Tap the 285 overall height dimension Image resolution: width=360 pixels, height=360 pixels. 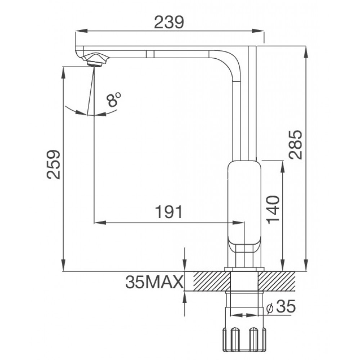tap(296, 145)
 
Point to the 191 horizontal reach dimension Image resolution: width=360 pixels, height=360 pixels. tap(169, 212)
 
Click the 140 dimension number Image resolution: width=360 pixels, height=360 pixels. tap(274, 210)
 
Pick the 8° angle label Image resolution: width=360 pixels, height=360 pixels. tap(113, 99)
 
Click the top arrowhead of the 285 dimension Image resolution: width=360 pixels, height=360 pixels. tap(306, 50)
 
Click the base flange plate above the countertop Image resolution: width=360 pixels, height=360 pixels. tap(244, 269)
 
